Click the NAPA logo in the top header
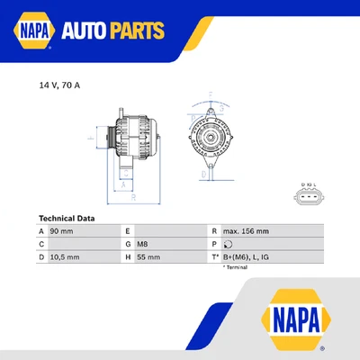pyautogui.click(x=33, y=32)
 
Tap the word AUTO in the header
pyautogui.click(x=91, y=32)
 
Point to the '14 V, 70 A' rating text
pyautogui.click(x=59, y=85)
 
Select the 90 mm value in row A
pyautogui.click(x=60, y=231)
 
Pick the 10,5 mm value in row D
pyautogui.click(x=64, y=256)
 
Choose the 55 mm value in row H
pyautogui.click(x=148, y=256)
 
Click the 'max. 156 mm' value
pyautogui.click(x=245, y=231)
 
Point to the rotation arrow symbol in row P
pyautogui.click(x=228, y=244)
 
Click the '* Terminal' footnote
pyautogui.click(x=236, y=267)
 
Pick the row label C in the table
pyautogui.click(x=41, y=244)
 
